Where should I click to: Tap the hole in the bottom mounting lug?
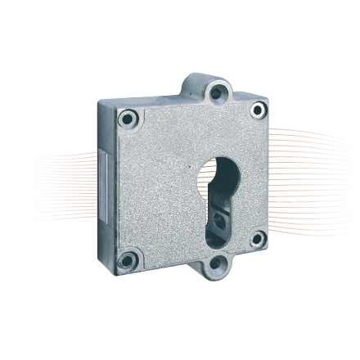(217, 264)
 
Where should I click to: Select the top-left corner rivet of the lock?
(127, 119)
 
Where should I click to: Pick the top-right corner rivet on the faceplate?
(258, 110)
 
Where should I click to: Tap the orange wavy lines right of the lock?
(311, 164)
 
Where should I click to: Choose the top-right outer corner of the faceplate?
(268, 99)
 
